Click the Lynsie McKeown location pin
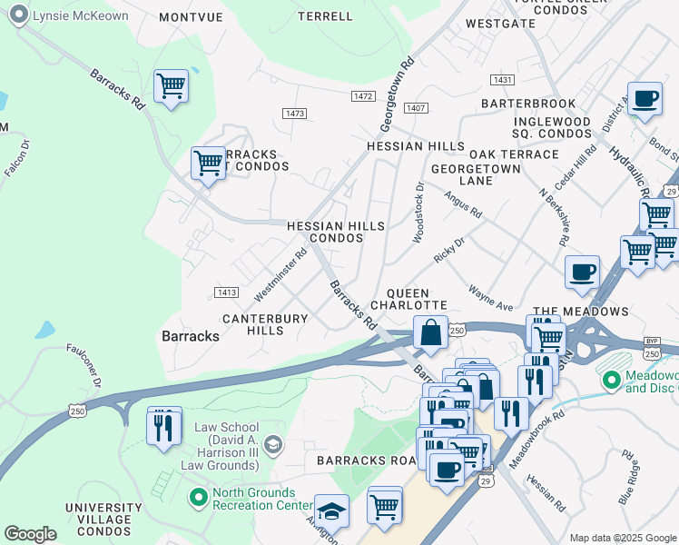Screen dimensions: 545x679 click(17, 16)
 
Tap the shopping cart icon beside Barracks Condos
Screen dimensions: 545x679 click(208, 164)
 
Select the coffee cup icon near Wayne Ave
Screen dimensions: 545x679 click(581, 272)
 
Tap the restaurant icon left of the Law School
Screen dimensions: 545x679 click(163, 426)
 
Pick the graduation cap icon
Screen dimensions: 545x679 click(331, 511)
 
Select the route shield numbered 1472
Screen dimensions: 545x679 click(363, 95)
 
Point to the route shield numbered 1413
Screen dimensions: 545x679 click(226, 292)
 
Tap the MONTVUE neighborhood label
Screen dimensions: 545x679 click(191, 17)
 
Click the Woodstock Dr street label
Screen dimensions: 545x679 click(418, 213)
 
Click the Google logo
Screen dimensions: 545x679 click(30, 534)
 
